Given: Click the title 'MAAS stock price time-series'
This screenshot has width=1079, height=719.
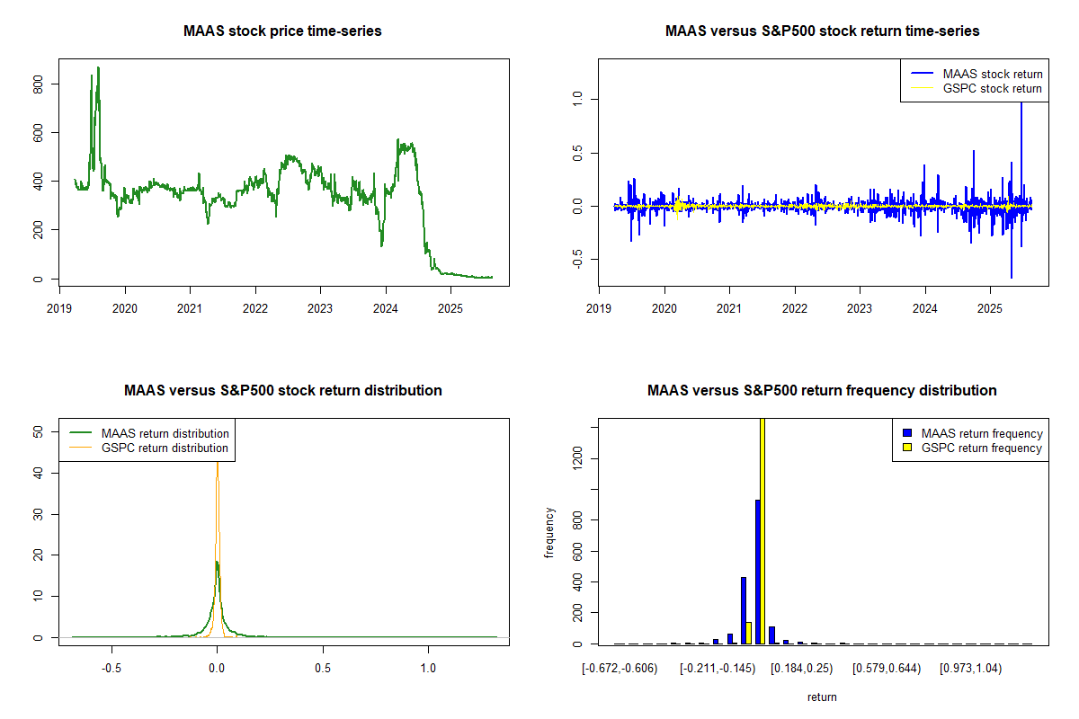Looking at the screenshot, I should click(x=282, y=31).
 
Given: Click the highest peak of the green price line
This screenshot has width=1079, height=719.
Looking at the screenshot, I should click(x=98, y=67).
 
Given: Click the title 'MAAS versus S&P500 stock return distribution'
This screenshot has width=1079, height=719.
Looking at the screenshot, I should click(x=282, y=391).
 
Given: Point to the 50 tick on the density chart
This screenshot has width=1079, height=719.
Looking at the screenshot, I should click(x=39, y=431).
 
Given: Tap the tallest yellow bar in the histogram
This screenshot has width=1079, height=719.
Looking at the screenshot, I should click(x=762, y=530).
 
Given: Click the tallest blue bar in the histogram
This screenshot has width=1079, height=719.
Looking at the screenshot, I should click(x=757, y=572).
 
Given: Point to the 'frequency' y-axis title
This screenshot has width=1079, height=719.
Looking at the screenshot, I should click(x=549, y=532).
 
